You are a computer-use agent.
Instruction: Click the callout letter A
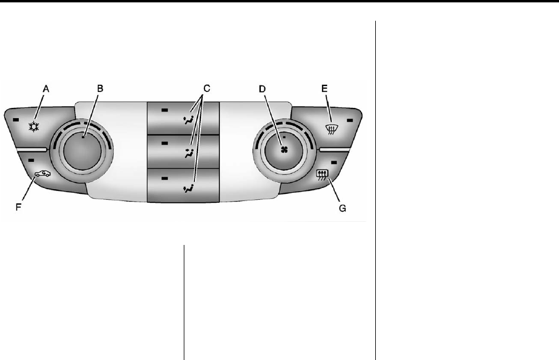pyautogui.click(x=46, y=89)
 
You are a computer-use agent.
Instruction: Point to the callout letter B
pyautogui.click(x=100, y=88)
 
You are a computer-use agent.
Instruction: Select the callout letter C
pyautogui.click(x=207, y=88)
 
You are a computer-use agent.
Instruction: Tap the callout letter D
pyautogui.click(x=263, y=89)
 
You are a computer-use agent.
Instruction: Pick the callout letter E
pyautogui.click(x=324, y=88)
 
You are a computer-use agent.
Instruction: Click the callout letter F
pyautogui.click(x=18, y=207)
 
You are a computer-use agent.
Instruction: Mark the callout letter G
pyautogui.click(x=342, y=208)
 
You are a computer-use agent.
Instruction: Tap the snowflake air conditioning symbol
pyautogui.click(x=34, y=127)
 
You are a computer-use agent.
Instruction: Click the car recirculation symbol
pyautogui.click(x=43, y=173)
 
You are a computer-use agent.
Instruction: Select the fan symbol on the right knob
pyautogui.click(x=284, y=150)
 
